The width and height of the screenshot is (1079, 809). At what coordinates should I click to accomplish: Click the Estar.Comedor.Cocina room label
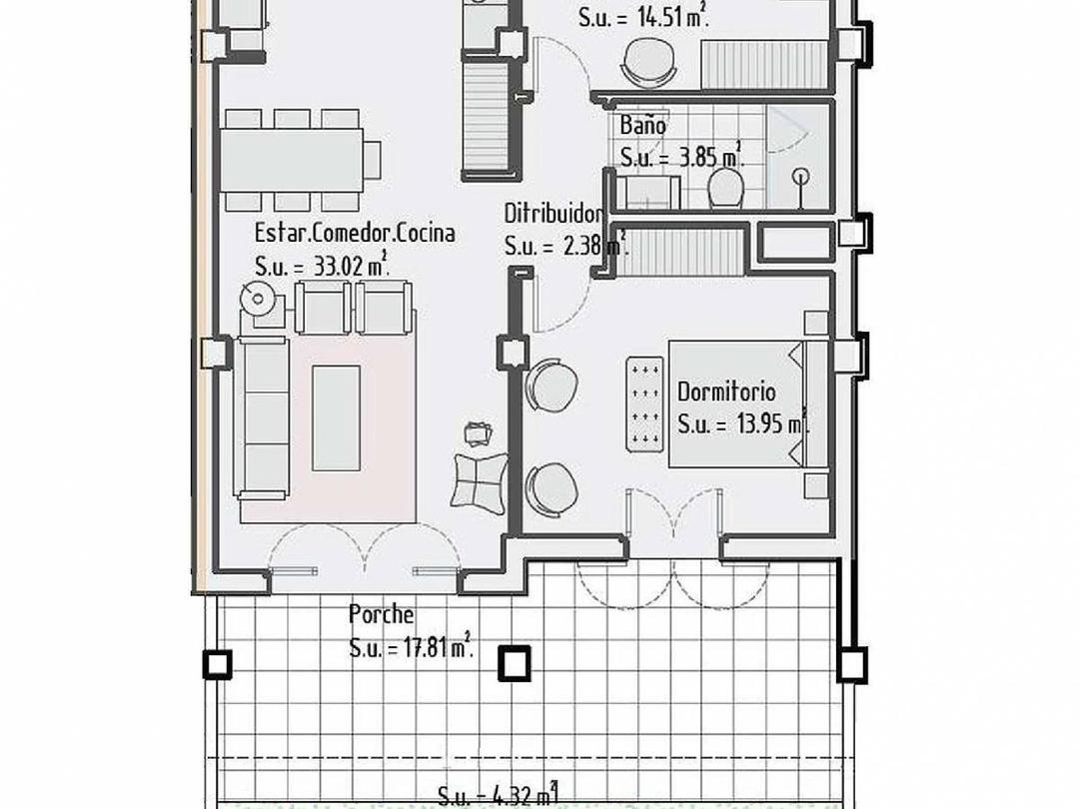[x=355, y=234]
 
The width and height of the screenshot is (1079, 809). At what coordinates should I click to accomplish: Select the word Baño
[x=642, y=126]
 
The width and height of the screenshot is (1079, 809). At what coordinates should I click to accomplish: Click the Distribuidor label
[x=553, y=214]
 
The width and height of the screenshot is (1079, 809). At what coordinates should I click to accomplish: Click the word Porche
[x=381, y=614]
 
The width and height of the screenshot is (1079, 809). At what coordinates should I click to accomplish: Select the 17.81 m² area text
[x=411, y=647]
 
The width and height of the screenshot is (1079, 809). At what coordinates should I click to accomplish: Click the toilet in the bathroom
[x=724, y=188]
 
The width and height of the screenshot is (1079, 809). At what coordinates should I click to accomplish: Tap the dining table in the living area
[x=290, y=158]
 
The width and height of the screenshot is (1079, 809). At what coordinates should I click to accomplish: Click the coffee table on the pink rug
[x=336, y=417]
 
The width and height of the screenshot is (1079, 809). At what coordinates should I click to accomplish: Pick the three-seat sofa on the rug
[x=262, y=415]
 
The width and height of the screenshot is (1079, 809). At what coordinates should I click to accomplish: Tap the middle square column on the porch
[x=514, y=663]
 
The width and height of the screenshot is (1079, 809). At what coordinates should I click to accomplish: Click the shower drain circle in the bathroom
[x=800, y=177]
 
